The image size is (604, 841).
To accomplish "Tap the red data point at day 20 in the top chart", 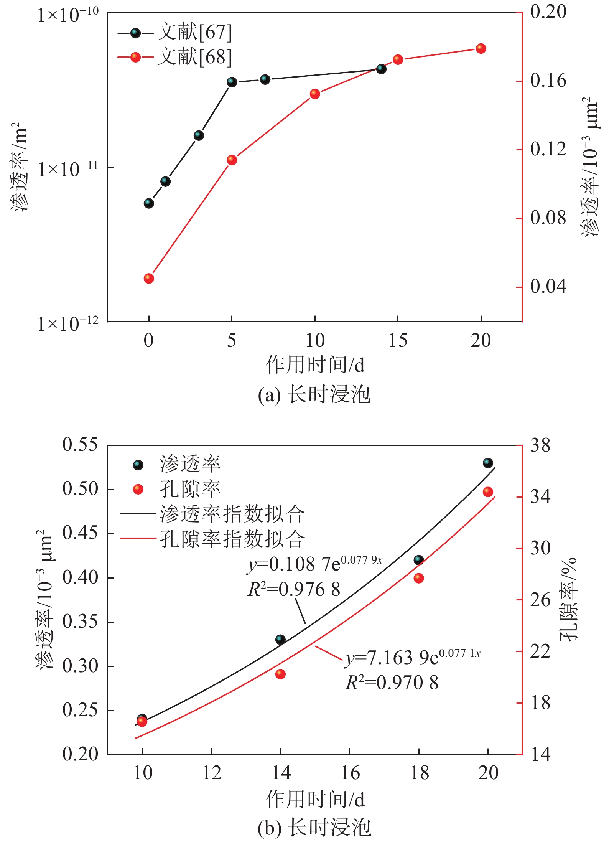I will pos(481,48).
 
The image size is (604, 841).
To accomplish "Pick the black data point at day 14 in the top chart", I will pos(381,69).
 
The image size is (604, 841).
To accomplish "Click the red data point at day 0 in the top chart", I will pos(149,278).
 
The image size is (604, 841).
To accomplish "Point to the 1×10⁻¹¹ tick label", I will pos(67,168).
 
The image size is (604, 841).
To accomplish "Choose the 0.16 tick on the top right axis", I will pos(548,81).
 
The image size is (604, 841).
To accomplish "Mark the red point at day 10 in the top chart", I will pos(315,94).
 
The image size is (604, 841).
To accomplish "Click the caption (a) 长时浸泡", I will pos(314,394).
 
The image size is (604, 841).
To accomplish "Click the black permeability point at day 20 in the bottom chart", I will pos(488,463).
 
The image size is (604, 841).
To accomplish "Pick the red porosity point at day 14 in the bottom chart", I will pos(280,674).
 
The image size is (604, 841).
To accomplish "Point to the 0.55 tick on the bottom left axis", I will pos(80,445).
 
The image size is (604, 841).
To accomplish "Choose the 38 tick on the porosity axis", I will pos(540,445).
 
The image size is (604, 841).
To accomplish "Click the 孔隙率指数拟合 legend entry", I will pos(232,539).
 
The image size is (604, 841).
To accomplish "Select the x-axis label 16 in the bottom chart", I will pos(350,772).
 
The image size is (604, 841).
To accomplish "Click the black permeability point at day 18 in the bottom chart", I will pos(419,560).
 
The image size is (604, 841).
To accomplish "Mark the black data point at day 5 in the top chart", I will pos(232,82).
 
